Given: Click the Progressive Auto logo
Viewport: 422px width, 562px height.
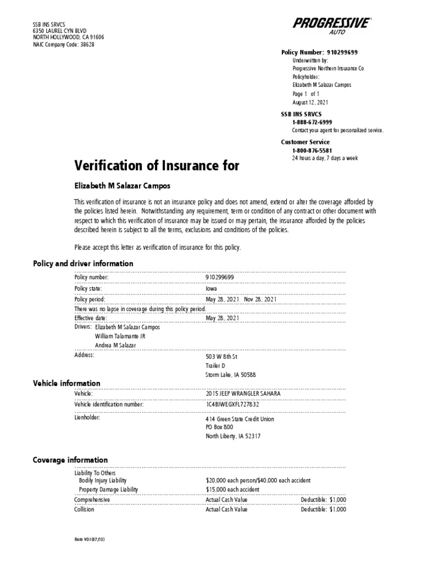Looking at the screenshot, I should [331, 25].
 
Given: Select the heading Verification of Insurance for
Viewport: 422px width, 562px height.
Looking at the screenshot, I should [157, 166].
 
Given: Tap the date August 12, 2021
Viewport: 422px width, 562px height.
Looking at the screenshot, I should [310, 103].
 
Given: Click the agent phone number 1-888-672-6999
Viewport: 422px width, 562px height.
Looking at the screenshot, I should [312, 122].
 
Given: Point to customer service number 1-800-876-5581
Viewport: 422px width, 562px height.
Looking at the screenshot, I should [312, 150].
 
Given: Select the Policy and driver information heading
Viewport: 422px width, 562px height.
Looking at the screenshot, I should [84, 263].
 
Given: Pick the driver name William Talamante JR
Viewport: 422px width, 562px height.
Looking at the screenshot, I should [120, 336].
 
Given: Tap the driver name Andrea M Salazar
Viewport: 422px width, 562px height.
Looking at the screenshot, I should [116, 345].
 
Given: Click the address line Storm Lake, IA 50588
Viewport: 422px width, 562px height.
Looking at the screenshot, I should [230, 375].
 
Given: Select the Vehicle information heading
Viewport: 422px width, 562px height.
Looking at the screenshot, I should [66, 383].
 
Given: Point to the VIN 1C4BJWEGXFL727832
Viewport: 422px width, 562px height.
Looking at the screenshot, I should [232, 404].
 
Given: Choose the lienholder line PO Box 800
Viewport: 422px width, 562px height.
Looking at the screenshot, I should [219, 427].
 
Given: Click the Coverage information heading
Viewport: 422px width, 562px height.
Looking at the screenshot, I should [70, 460].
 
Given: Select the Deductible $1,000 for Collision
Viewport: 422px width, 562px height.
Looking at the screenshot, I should [323, 509].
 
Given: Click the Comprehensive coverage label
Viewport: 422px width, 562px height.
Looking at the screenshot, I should [92, 500].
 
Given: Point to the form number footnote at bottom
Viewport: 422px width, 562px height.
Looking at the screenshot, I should [90, 539].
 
